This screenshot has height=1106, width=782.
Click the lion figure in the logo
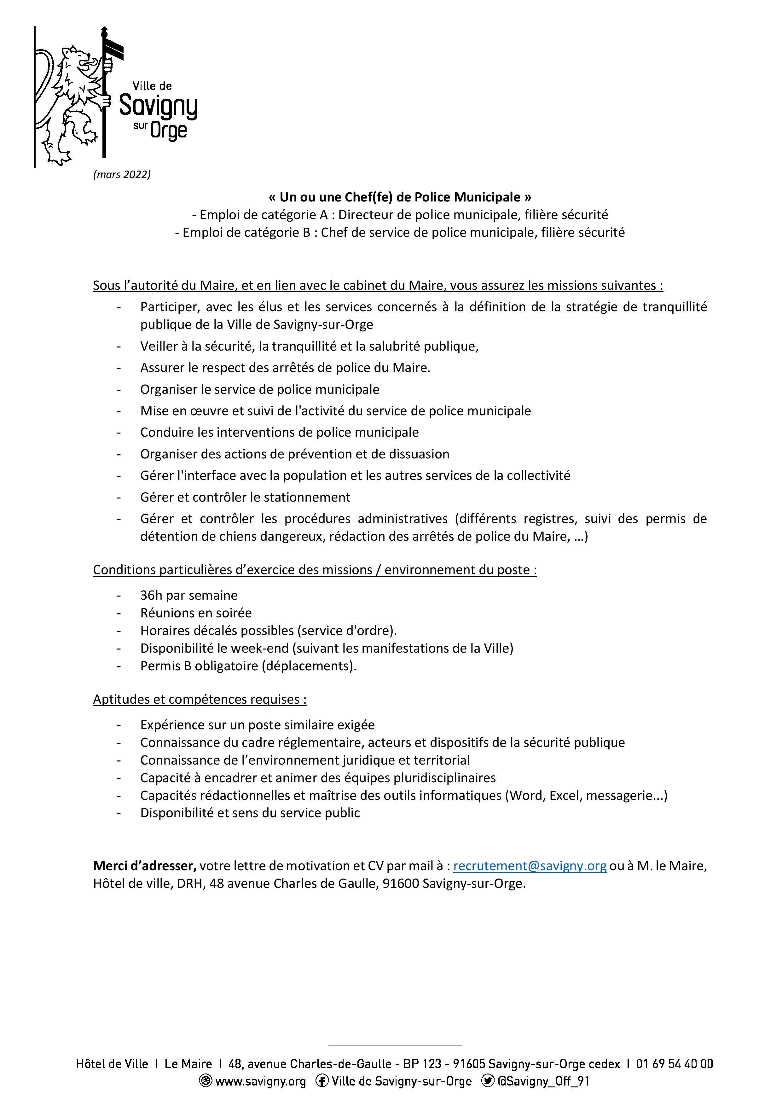72,103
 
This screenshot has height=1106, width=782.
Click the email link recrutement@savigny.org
530,866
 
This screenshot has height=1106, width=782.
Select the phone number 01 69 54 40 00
674,1064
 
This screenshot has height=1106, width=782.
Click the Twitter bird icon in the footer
488,1081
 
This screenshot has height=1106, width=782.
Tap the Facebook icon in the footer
322,1081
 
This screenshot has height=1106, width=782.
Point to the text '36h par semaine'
189,595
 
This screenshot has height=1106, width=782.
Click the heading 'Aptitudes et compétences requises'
199,699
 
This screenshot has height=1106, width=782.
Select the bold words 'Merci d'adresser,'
144,866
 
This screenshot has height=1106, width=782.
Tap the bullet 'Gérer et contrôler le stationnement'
245,497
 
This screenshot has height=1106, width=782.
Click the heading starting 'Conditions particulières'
315,570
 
